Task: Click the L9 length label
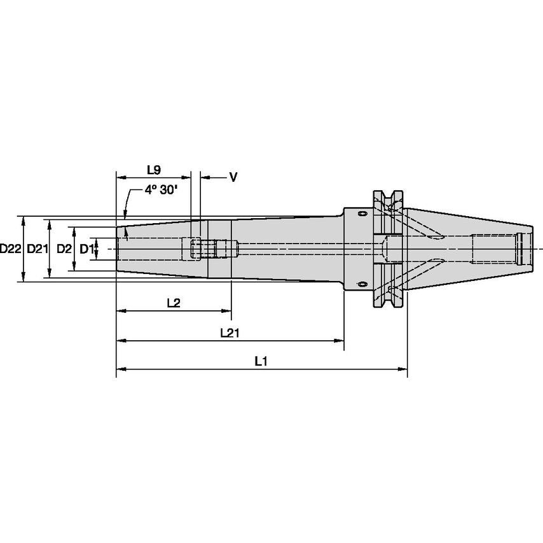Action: [153, 170]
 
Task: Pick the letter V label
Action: [233, 178]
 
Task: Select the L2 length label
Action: [173, 303]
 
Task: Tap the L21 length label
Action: [229, 333]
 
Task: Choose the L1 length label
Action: [260, 361]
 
